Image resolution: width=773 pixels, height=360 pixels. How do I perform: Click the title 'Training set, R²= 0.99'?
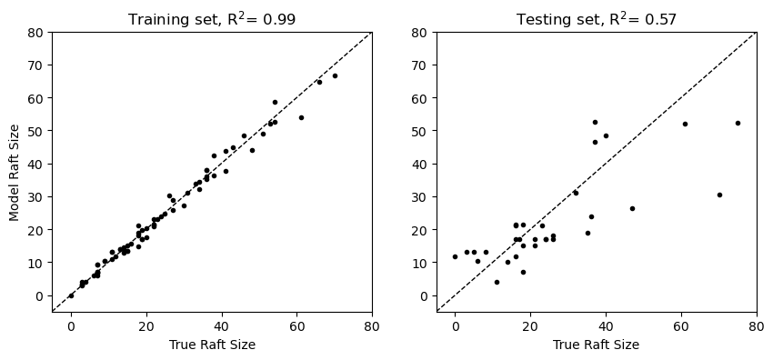(x=211, y=19)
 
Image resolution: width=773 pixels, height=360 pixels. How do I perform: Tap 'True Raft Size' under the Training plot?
(x=211, y=345)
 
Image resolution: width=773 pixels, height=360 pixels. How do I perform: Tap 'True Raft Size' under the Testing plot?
(x=596, y=345)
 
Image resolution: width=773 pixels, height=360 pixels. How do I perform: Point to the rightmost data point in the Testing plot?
(x=738, y=123)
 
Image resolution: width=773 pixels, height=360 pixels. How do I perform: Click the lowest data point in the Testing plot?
(x=497, y=282)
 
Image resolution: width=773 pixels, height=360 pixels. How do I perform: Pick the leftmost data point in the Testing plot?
(x=456, y=256)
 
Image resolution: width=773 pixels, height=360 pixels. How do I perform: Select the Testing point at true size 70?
(x=718, y=195)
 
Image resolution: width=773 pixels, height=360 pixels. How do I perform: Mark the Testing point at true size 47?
(x=632, y=208)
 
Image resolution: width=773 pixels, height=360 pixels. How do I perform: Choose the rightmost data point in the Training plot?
(x=334, y=75)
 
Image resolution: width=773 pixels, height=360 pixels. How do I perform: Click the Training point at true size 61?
(x=301, y=117)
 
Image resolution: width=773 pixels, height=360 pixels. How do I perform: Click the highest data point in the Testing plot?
(x=595, y=122)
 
